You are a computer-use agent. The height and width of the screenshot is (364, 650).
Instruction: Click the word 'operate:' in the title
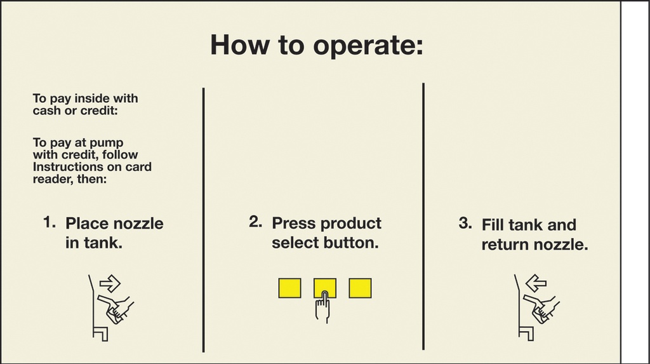pos(368,46)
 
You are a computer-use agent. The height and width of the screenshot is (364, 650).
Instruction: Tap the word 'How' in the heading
pos(239,44)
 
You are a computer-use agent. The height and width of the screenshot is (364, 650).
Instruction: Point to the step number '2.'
pos(255,222)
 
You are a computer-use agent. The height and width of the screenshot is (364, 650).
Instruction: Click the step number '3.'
pos(465,224)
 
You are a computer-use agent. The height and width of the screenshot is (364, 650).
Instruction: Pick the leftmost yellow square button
pos(289,288)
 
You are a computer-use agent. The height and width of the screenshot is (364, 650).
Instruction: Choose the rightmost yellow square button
pos(361,288)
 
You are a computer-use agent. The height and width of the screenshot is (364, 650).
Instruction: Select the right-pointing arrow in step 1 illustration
pos(110,284)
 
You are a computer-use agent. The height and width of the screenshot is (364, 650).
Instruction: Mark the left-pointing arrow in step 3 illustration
pos(536,283)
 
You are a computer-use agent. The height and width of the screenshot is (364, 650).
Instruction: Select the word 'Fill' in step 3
pos(493,225)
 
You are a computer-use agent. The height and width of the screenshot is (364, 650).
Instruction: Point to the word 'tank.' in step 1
pos(94,243)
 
